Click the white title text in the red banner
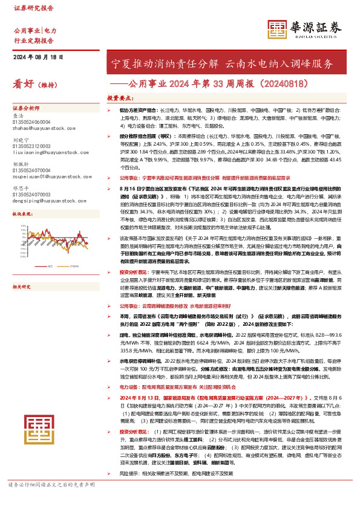pos(223,63)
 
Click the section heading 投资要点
pos(119,98)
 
